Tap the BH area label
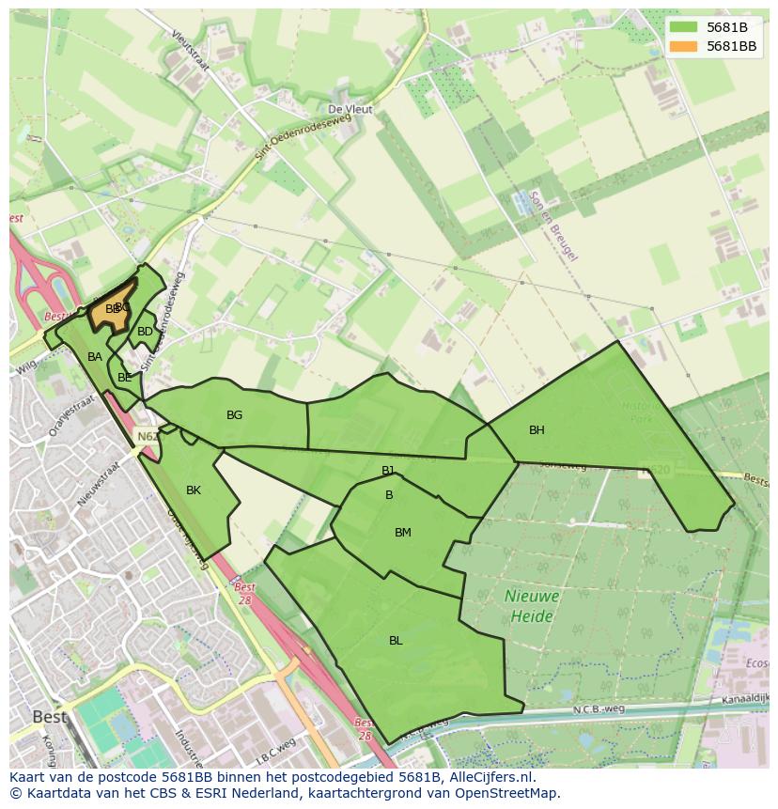[537, 430]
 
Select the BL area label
[396, 641]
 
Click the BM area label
[403, 533]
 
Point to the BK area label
[194, 490]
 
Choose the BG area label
[235, 415]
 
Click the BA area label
[95, 357]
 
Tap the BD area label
[145, 332]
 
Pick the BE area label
[125, 378]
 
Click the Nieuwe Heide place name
[532, 606]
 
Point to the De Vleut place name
[350, 110]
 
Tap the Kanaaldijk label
[737, 701]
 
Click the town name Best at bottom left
[50, 717]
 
